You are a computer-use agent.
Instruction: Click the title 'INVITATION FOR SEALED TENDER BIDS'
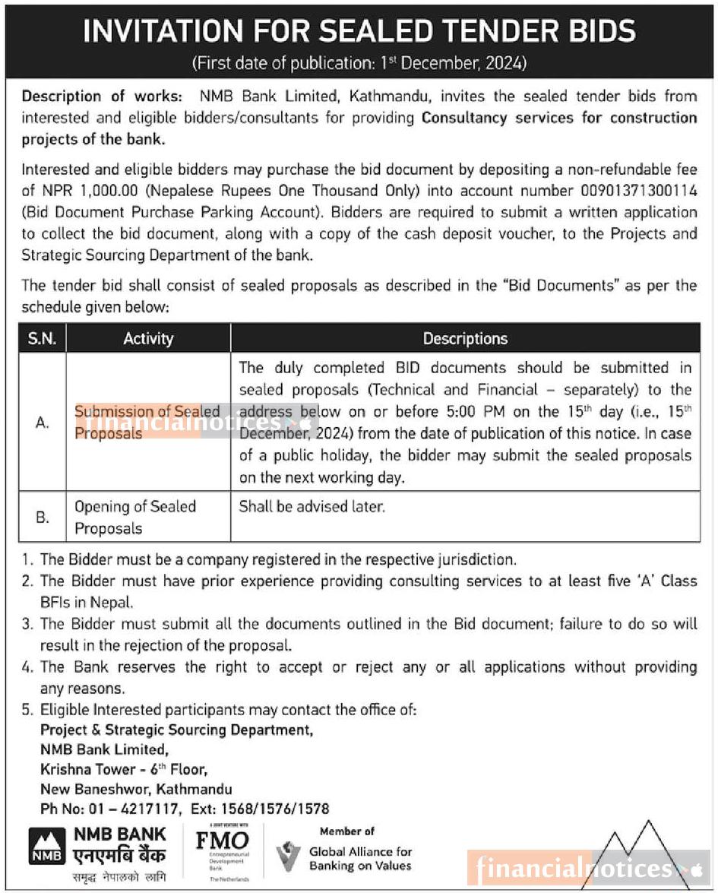coord(359,31)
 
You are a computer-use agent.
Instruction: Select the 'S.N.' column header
coord(42,338)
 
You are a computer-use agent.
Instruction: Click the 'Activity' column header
coord(148,338)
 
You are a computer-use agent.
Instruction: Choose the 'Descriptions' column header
coord(465,338)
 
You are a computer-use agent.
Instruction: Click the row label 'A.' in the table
coord(43,423)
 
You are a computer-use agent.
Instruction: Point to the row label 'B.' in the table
coord(43,517)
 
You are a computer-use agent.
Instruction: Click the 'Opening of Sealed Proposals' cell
coord(135,517)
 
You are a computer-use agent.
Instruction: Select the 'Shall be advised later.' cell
coord(312,506)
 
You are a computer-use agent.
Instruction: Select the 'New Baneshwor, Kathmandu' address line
coord(136,789)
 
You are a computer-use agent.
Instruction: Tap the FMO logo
coord(222,842)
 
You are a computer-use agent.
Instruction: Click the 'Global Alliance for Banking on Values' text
coord(360,859)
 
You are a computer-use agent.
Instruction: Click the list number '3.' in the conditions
coord(28,624)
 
